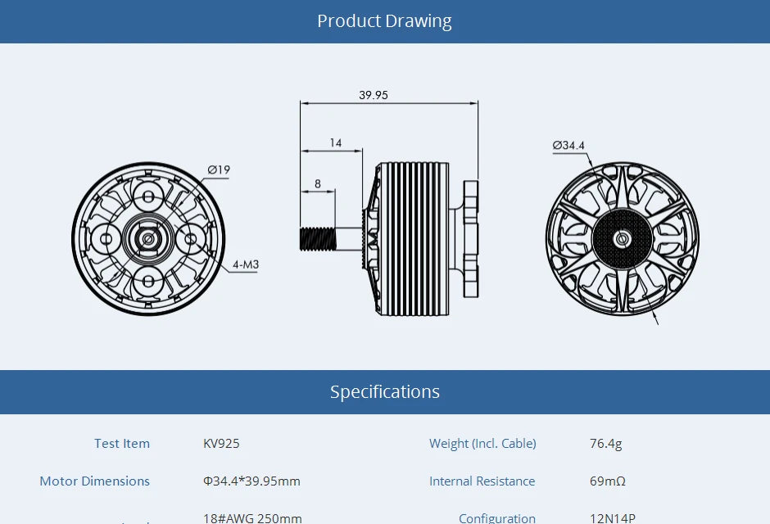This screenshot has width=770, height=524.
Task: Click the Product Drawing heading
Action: tap(384, 21)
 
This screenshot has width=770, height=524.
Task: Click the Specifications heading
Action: tap(384, 392)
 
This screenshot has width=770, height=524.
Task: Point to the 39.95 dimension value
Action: tap(374, 95)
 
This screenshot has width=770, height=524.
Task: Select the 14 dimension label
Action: tap(336, 142)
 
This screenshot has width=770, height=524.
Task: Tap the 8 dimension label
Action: tap(318, 183)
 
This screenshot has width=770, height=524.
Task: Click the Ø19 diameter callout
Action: tap(219, 170)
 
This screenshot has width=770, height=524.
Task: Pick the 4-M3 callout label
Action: tap(246, 264)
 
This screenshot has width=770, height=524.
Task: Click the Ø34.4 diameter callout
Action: tap(568, 146)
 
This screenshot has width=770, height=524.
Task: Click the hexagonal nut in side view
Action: tap(470, 238)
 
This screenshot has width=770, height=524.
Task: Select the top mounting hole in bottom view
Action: tap(148, 196)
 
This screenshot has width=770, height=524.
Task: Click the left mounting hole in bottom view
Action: tap(106, 239)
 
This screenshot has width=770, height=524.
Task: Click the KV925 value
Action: tap(221, 444)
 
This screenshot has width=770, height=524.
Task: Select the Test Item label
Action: tap(122, 444)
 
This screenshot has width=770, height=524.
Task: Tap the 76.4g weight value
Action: tap(605, 444)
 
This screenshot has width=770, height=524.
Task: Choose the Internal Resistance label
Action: tap(482, 481)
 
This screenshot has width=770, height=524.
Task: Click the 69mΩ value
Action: tap(607, 481)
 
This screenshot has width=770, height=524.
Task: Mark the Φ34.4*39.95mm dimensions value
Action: tap(251, 481)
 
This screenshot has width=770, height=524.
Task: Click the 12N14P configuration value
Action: tap(612, 517)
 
